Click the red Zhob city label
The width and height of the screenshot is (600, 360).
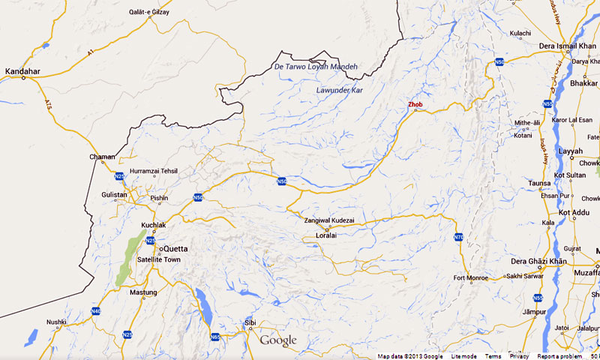415,104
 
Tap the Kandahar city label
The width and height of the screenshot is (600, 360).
22,71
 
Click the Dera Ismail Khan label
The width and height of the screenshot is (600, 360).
566,46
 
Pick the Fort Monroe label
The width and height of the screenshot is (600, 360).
469,279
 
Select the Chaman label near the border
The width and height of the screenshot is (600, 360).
102,157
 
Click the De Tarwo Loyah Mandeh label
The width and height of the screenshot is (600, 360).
316,67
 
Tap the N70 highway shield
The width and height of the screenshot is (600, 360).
458,238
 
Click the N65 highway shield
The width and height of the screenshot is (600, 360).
215,337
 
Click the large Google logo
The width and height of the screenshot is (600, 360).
278,340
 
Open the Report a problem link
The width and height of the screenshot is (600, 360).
559,356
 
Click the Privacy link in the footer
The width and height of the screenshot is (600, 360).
519,356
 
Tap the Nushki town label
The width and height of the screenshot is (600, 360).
57,322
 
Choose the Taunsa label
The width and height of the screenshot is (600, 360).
538,183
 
